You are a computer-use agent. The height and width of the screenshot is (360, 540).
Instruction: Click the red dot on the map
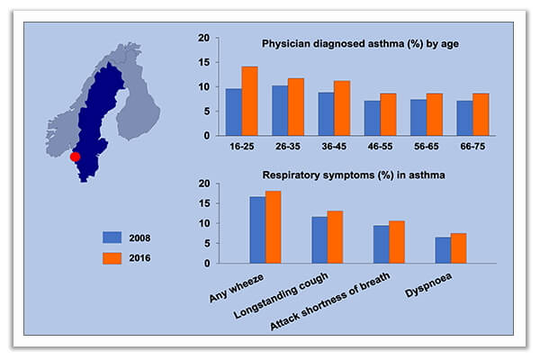pyautogui.click(x=76, y=157)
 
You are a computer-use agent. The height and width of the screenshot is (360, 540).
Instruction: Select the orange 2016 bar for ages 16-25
pyautogui.click(x=249, y=101)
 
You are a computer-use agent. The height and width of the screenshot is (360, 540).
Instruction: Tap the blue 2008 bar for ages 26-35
pyautogui.click(x=280, y=110)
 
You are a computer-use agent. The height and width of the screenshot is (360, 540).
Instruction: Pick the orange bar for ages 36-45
pyautogui.click(x=342, y=108)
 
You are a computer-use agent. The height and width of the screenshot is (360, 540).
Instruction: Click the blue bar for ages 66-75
pyautogui.click(x=464, y=118)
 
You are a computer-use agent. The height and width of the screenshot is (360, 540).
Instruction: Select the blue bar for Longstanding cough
pyautogui.click(x=319, y=239)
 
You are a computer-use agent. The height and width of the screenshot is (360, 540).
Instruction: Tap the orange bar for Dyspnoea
pyautogui.click(x=459, y=248)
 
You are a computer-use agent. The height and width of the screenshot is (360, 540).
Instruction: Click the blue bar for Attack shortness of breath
pyautogui.click(x=381, y=244)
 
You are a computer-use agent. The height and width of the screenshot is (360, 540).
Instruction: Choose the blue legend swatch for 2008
pyautogui.click(x=112, y=238)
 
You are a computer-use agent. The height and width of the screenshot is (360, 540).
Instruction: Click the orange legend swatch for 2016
pyautogui.click(x=112, y=258)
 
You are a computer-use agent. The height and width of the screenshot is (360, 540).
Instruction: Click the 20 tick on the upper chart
pyautogui.click(x=204, y=39)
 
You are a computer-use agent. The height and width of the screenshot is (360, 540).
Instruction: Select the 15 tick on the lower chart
pyautogui.click(x=204, y=203)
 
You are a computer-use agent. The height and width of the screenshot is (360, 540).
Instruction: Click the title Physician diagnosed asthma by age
pyautogui.click(x=349, y=44)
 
